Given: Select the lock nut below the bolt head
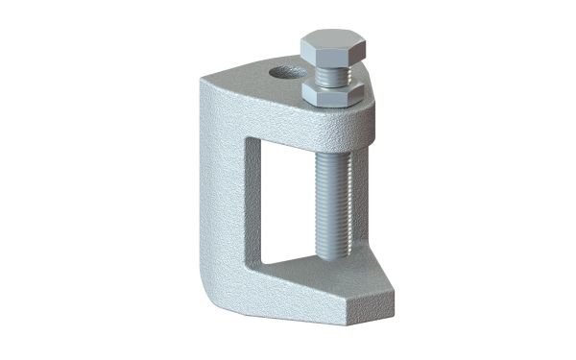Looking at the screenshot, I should pyautogui.click(x=332, y=93).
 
